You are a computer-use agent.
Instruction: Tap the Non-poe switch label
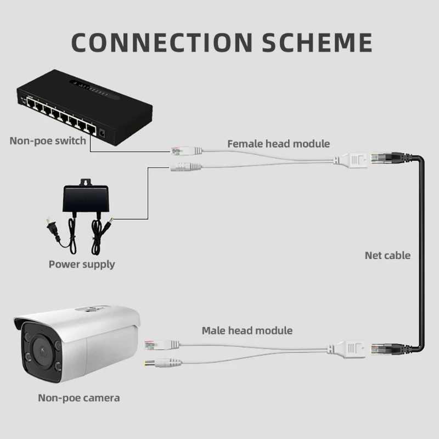pyautogui.click(x=48, y=140)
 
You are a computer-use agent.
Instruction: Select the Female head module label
pyautogui.click(x=278, y=144)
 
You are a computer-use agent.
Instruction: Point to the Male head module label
pyautogui.click(x=247, y=330)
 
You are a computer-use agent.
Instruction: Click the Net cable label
pyautogui.click(x=387, y=255)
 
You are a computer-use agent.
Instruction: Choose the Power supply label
pyautogui.click(x=82, y=264)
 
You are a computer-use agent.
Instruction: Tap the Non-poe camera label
pyautogui.click(x=78, y=397)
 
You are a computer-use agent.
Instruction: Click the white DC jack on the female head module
pyautogui.click(x=182, y=167)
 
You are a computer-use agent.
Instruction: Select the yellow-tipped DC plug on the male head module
pyautogui.click(x=153, y=363)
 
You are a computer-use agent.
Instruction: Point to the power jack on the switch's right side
pyautogui.click(x=103, y=132)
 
